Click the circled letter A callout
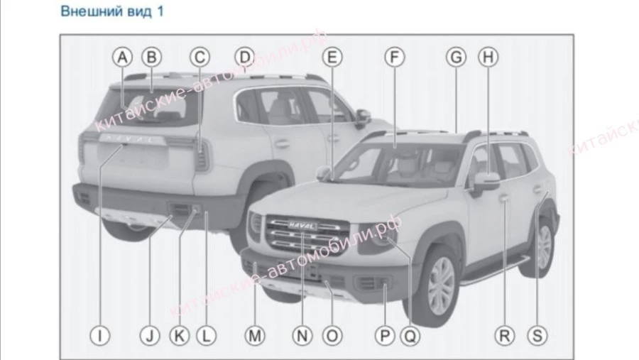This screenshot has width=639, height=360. click(x=124, y=56)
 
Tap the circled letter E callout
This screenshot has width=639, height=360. click(x=331, y=56)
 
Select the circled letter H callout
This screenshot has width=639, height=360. click(x=487, y=56)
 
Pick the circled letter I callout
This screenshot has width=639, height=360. click(x=101, y=334)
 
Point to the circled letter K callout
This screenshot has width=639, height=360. click(x=179, y=334)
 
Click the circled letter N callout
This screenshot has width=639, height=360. click(x=303, y=334)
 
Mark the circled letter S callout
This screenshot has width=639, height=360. click(x=537, y=334)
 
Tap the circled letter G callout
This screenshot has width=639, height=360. click(x=457, y=56)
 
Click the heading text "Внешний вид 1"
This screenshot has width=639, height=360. click(x=112, y=12)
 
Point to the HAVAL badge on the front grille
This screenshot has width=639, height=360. click(x=303, y=226)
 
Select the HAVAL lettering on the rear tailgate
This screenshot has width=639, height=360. click(x=128, y=141)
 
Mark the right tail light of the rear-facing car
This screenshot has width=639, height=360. click(x=202, y=155)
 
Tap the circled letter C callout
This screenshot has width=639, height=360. click(x=201, y=56)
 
